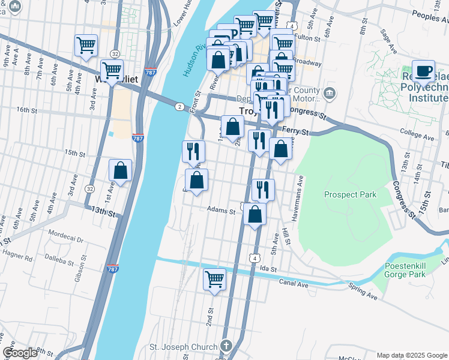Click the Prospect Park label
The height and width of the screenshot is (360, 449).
pyautogui.click(x=350, y=194)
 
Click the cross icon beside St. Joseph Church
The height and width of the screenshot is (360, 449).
pyautogui.click(x=226, y=346)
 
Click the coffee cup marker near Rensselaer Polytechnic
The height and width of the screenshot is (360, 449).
pyautogui.click(x=424, y=71)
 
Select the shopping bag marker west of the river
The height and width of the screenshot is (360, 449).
pyautogui.click(x=121, y=170)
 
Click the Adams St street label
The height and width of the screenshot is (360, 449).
pyautogui.click(x=221, y=210)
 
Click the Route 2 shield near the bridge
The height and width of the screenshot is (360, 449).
pyautogui.click(x=179, y=107)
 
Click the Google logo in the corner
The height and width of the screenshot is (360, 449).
pyautogui.click(x=20, y=353)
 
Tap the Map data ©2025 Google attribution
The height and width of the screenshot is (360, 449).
pyautogui.click(x=412, y=355)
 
